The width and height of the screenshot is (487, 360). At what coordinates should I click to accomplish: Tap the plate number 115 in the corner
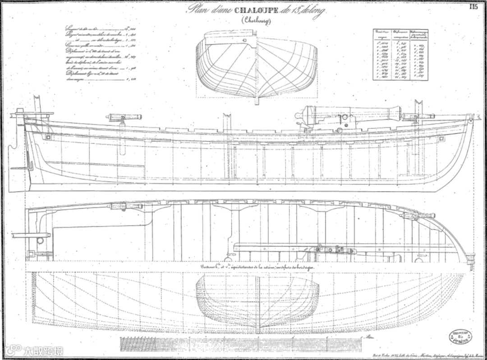coord(473,7)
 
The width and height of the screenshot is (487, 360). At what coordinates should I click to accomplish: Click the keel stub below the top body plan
coord(257,100)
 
